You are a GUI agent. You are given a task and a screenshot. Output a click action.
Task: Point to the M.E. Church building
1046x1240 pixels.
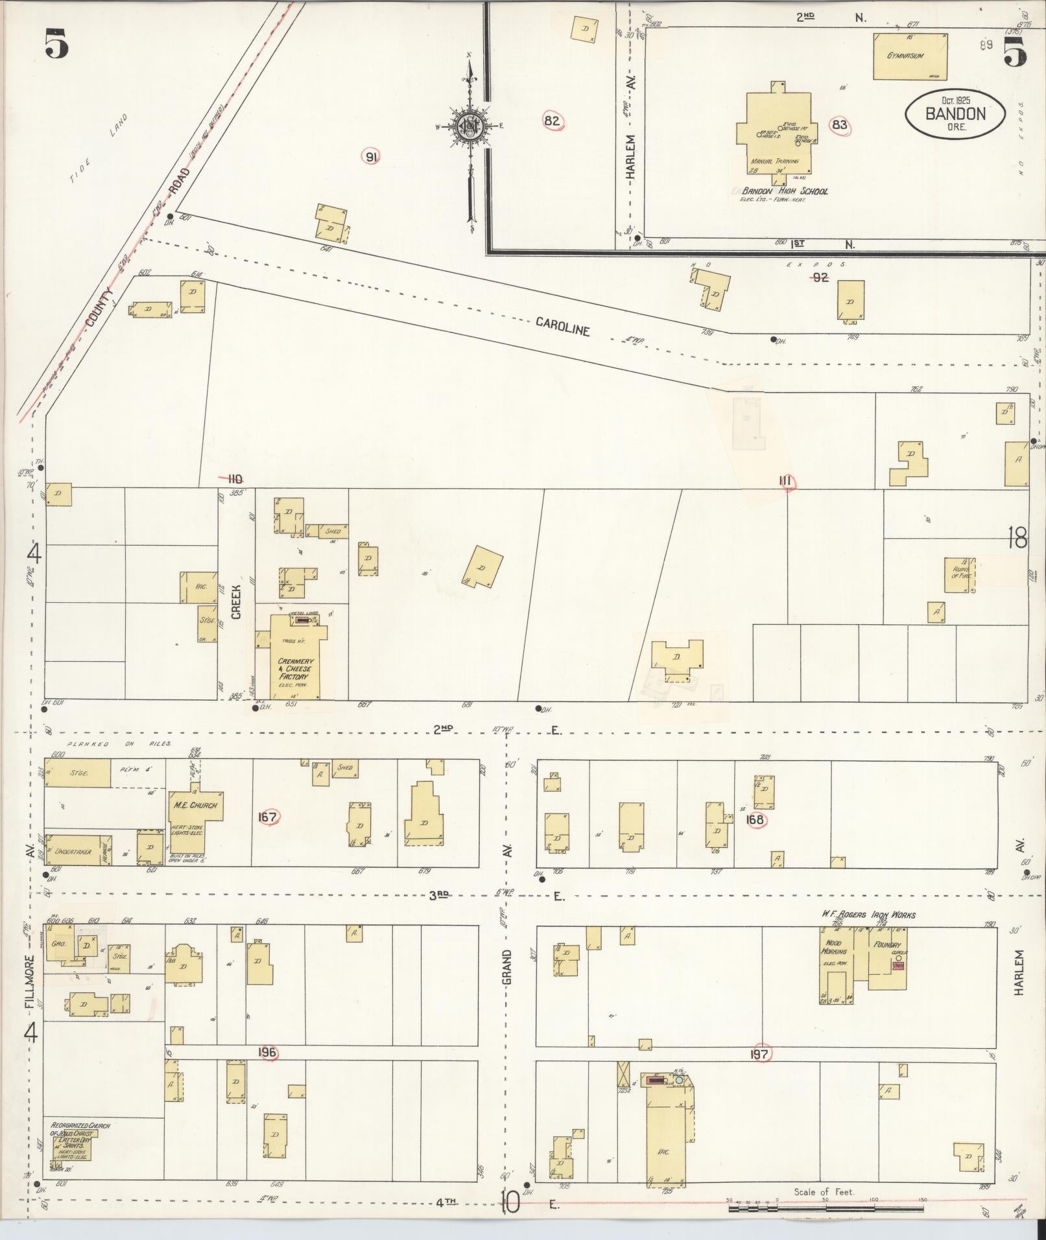(x=195, y=820)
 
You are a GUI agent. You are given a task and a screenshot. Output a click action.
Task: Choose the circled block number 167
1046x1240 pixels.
(x=267, y=817)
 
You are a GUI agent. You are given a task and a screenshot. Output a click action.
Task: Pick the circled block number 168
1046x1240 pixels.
(x=755, y=819)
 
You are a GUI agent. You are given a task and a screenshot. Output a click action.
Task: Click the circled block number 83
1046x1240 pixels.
(x=840, y=124)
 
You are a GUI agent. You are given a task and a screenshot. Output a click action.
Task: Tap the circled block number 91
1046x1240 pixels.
(x=372, y=156)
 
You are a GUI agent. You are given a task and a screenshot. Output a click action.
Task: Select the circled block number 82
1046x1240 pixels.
(x=552, y=121)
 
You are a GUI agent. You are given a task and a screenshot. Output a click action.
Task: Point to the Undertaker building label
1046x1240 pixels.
(x=73, y=851)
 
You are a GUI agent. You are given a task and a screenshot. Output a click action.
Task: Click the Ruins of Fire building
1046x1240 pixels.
(x=959, y=574)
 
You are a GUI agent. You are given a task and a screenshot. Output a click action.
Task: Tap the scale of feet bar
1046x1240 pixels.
(x=826, y=1208)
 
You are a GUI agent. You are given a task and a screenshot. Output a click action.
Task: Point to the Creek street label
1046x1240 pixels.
(x=236, y=602)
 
